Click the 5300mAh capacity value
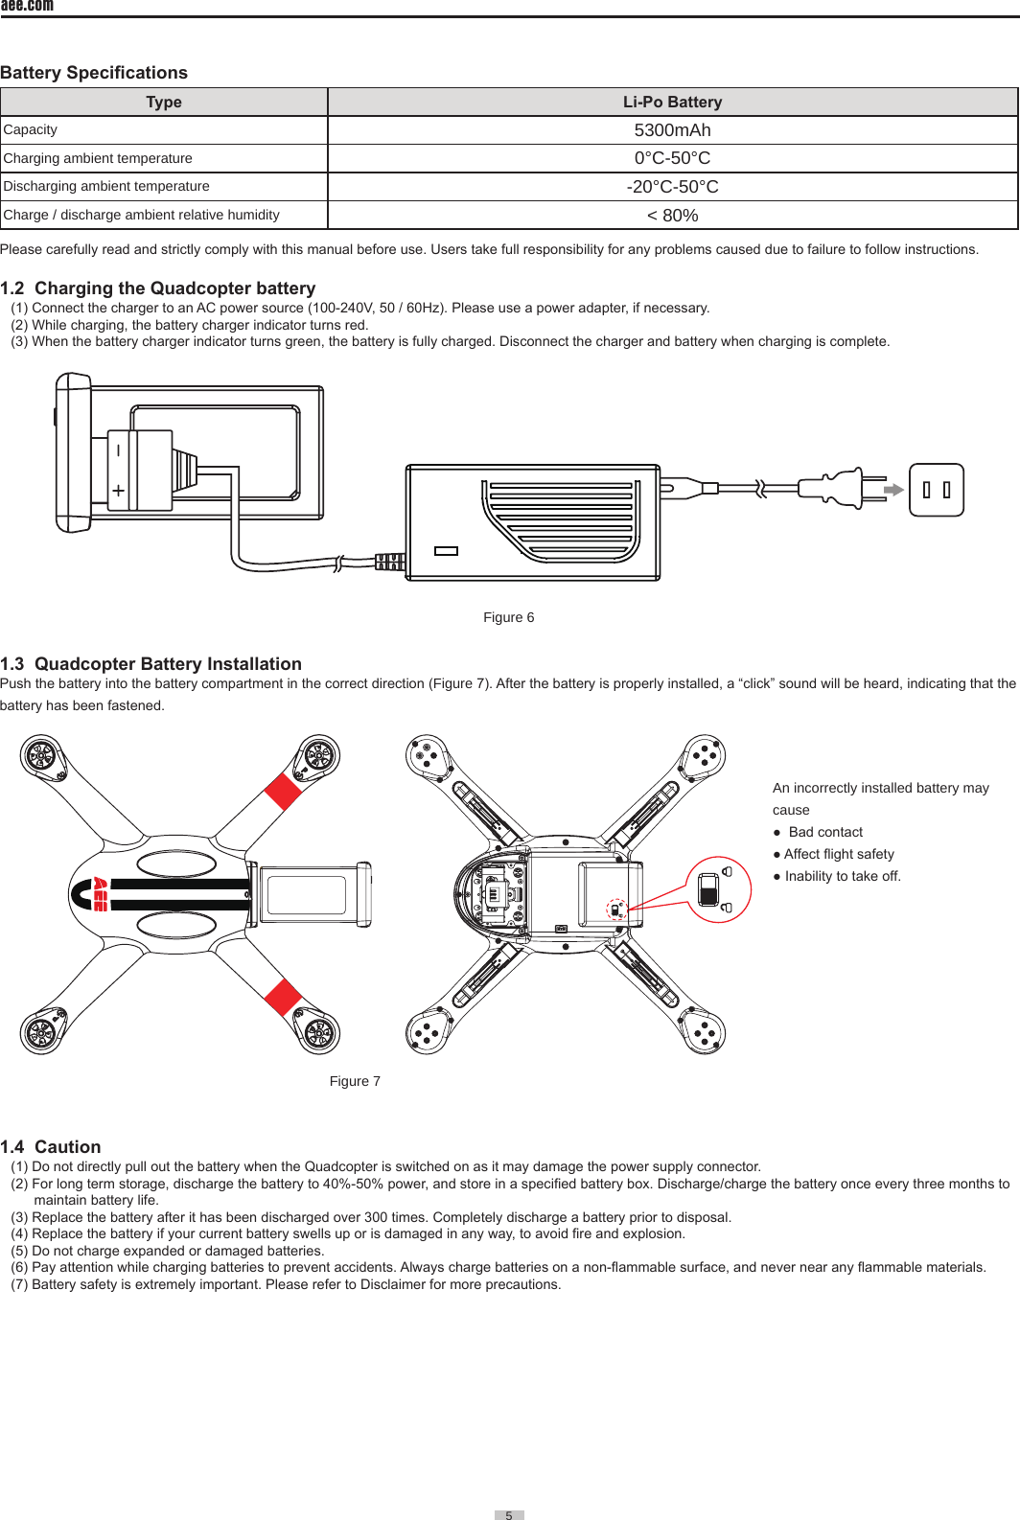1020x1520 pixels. pyautogui.click(x=672, y=130)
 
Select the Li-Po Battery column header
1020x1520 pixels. pyautogui.click(x=672, y=102)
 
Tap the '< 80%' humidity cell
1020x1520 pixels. pyautogui.click(x=672, y=216)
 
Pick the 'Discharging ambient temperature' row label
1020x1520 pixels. pyautogui.click(x=106, y=186)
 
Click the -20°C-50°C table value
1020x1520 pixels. pyautogui.click(x=672, y=187)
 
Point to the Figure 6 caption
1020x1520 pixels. pyautogui.click(x=508, y=617)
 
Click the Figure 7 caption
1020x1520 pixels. pyautogui.click(x=355, y=1081)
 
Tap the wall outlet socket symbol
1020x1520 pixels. pyautogui.click(x=936, y=490)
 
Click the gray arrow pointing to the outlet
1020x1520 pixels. pyautogui.click(x=893, y=490)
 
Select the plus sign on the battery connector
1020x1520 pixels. pyautogui.click(x=118, y=491)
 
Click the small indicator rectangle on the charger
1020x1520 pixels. pyautogui.click(x=446, y=551)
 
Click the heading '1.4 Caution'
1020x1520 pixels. pyautogui.click(x=51, y=1147)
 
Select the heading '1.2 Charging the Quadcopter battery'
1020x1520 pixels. pyautogui.click(x=158, y=288)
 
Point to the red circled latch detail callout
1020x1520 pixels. pyautogui.click(x=719, y=889)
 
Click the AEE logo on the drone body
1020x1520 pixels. pyautogui.click(x=99, y=894)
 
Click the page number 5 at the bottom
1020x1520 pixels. pyautogui.click(x=509, y=1515)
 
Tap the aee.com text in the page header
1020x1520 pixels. pyautogui.click(x=27, y=6)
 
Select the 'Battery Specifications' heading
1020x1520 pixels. pyautogui.click(x=94, y=73)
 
